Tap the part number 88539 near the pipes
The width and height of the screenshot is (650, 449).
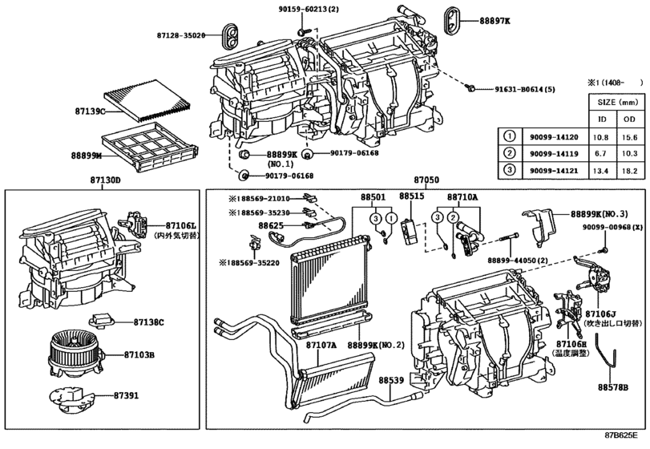(392, 381)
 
